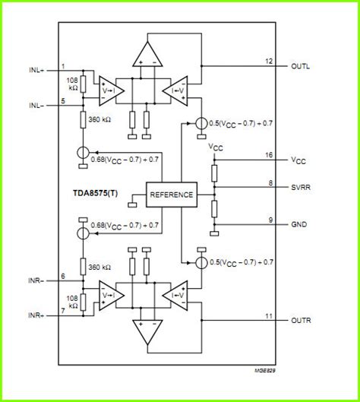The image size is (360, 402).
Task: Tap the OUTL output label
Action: click(x=301, y=66)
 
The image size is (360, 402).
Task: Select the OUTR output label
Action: click(x=301, y=321)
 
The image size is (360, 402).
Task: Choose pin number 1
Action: click(x=63, y=65)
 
